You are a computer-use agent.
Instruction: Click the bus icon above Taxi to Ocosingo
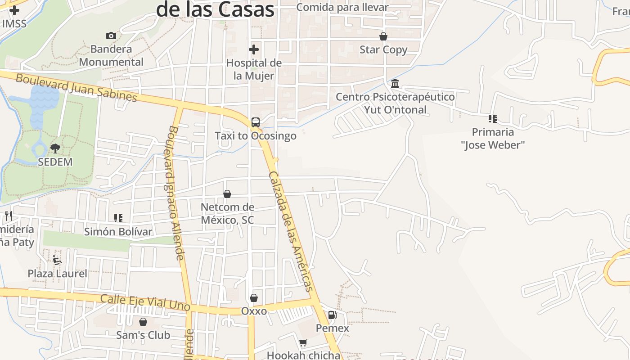coord(255,122)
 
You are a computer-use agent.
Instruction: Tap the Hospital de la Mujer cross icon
coord(254,49)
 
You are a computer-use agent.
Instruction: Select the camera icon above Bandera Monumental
coord(111,36)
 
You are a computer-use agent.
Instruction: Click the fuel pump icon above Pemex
coord(332,315)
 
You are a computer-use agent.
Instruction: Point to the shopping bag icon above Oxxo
coord(254,298)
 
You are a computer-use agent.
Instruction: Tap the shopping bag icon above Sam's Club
coord(143,322)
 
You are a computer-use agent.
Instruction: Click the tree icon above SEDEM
coord(55,148)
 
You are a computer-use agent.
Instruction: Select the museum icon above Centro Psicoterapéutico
coord(395,83)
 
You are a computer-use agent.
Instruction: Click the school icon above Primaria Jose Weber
coord(493,119)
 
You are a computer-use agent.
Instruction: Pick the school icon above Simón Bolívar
coord(118,218)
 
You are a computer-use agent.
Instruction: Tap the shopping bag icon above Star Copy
coord(383,36)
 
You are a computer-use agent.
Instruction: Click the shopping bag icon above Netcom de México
coord(227,194)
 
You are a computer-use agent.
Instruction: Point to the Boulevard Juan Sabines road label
coord(76,88)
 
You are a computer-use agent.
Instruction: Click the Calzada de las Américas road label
coord(291,231)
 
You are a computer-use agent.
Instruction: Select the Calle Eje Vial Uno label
coord(145,302)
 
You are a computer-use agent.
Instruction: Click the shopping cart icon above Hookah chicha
coord(303,343)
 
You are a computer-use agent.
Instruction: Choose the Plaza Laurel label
coord(58,273)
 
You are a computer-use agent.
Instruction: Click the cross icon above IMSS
coord(14,10)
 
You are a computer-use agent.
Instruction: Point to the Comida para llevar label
coord(342,7)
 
